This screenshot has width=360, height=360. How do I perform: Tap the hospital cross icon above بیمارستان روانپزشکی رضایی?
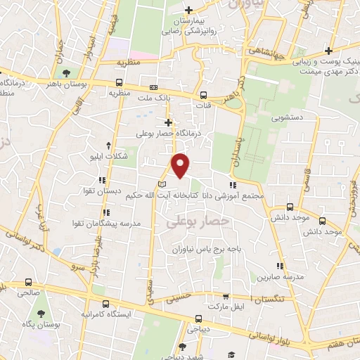click(188, 10)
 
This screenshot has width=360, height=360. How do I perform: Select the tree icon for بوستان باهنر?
click(66, 72)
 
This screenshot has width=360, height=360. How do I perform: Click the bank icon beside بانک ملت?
click(153, 89)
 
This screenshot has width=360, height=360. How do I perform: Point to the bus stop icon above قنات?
click(203, 96)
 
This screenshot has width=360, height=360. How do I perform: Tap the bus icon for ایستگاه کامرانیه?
click(105, 304)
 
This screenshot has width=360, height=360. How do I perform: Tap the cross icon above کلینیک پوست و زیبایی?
click(328, 51)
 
